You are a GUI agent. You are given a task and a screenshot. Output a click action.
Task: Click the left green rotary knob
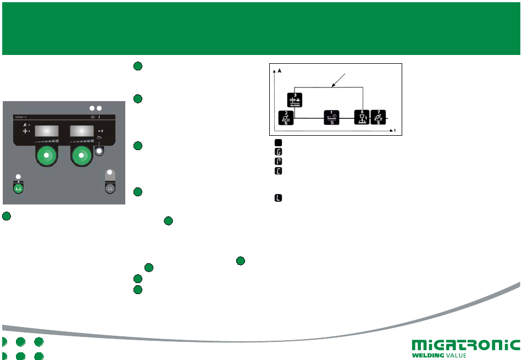[x=46, y=157]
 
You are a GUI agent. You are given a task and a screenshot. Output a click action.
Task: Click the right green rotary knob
[x=81, y=157]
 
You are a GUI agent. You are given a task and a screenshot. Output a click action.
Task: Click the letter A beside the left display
[x=25, y=125]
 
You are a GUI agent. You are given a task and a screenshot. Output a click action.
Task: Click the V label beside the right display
[x=102, y=131]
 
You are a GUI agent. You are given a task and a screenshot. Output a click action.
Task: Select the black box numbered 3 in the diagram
[x=295, y=100]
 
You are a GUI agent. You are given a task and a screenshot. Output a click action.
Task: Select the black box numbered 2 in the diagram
[x=285, y=118]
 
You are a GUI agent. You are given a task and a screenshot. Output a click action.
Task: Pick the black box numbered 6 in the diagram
[x=362, y=118]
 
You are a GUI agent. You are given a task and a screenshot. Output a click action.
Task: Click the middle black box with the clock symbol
[x=331, y=118]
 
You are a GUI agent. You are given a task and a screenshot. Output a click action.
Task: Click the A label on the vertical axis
[x=279, y=71]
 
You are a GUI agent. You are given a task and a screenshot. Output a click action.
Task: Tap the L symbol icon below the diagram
[x=278, y=197]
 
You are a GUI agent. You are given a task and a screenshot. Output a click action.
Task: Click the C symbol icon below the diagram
[x=278, y=171]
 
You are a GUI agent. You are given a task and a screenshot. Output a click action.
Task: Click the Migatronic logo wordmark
[x=465, y=345]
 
